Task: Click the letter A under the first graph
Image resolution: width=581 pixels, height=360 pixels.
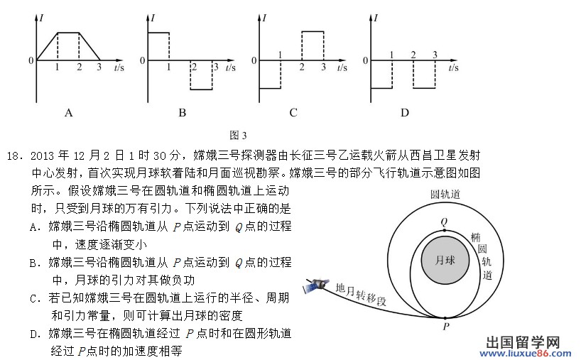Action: [69, 113]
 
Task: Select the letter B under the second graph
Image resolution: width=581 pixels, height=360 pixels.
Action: [183, 113]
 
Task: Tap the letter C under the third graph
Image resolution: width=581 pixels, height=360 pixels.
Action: [293, 113]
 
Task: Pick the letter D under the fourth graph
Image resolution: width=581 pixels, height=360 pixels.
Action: [405, 113]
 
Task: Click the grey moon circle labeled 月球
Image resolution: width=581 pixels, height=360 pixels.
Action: [445, 260]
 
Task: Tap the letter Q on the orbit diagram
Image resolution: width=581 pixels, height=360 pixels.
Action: [444, 222]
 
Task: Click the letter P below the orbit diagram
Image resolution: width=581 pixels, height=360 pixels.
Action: [446, 327]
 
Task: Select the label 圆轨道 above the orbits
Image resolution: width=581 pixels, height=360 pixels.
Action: [445, 194]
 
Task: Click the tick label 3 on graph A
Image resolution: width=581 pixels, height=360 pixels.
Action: [99, 68]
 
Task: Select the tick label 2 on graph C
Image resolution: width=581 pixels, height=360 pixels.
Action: [302, 67]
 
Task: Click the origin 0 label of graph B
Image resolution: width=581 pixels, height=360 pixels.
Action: [142, 61]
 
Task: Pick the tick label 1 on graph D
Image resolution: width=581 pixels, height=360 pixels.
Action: [392, 55]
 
